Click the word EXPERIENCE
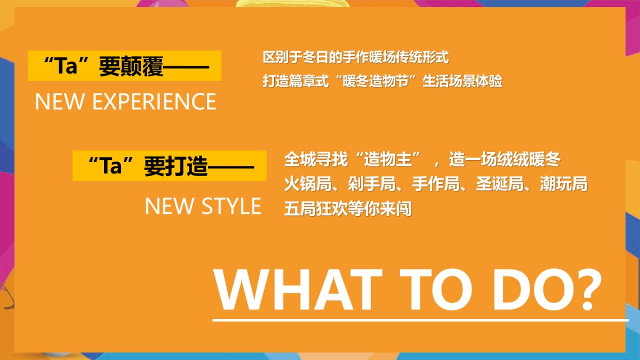pos(154,101)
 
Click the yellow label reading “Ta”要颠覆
pos(124,66)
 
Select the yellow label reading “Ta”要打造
pos(170,166)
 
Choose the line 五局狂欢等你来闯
pos(348,209)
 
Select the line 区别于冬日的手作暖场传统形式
pos(356,57)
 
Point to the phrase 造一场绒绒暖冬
pos(505,159)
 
